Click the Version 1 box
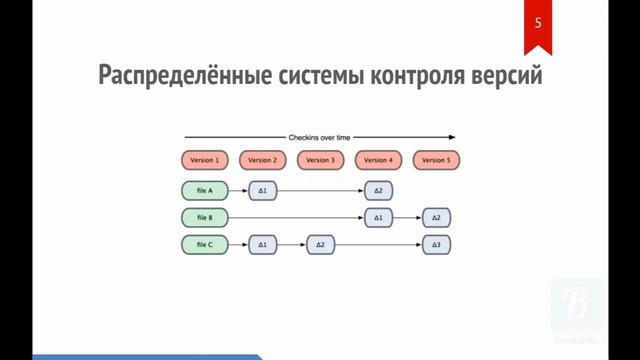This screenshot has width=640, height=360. (x=205, y=160)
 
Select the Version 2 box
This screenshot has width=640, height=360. (x=263, y=160)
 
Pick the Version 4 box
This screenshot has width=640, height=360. (x=378, y=160)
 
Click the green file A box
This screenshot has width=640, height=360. (x=205, y=190)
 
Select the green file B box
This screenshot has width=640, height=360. (x=205, y=217)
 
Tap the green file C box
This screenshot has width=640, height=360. (x=205, y=244)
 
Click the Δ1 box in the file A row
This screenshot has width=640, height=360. (x=263, y=190)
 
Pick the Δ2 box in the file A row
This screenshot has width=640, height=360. (x=378, y=190)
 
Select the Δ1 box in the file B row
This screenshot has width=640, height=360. (x=378, y=217)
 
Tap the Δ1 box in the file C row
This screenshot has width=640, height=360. (x=263, y=244)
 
